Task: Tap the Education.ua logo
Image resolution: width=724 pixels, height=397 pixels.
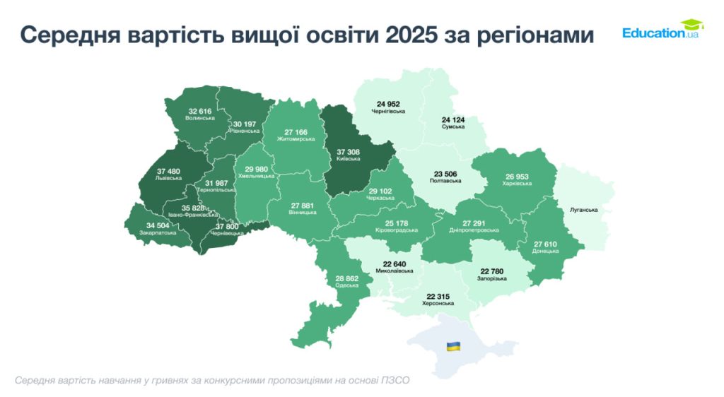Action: (x=660, y=30)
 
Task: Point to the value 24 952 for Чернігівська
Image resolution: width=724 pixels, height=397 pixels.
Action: (x=388, y=104)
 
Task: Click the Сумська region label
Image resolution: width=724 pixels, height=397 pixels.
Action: (x=453, y=126)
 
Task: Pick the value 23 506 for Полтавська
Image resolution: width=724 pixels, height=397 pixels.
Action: (x=445, y=173)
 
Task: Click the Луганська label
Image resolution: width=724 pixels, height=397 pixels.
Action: (x=583, y=210)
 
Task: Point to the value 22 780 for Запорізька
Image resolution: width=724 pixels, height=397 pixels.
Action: (x=494, y=271)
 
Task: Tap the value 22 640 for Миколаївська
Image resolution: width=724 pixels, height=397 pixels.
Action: (x=394, y=264)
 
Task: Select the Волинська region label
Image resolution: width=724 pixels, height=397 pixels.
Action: (x=199, y=118)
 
